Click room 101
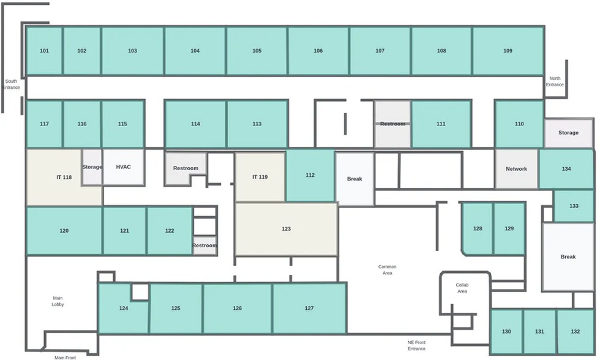coord(44,50)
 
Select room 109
coord(508,50)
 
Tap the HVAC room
coord(124,167)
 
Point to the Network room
coord(517,169)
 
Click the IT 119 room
coord(260,177)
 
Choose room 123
coord(287,229)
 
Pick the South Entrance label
coord(11,84)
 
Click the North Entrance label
coord(555,81)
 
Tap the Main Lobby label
coord(58,301)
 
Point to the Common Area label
coord(387,270)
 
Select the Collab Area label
coord(462,288)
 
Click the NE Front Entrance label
coord(416,345)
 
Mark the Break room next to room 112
coord(354,179)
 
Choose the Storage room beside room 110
coord(569,133)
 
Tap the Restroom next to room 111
coord(392,124)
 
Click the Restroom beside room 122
coord(204,246)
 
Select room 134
coord(566,169)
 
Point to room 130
coord(506,332)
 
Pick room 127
coord(309,308)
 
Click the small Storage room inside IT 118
coord(92,167)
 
